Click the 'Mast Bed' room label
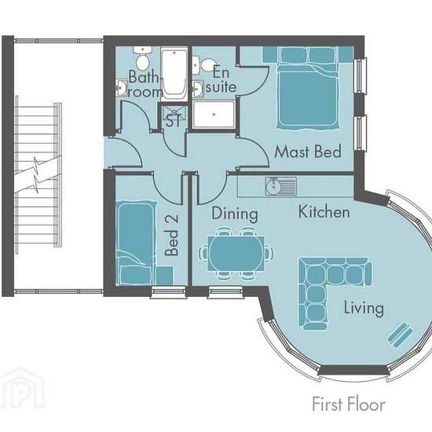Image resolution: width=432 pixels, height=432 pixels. (308, 152)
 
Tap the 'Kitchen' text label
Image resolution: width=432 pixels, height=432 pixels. (324, 211)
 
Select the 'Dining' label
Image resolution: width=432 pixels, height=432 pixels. (235, 214)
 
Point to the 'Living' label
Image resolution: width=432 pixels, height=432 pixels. (364, 307)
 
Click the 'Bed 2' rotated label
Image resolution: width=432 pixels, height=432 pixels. (172, 236)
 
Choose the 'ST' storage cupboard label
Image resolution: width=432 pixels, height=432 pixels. (174, 120)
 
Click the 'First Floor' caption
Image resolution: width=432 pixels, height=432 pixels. (349, 405)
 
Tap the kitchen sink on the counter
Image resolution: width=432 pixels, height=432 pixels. (280, 186)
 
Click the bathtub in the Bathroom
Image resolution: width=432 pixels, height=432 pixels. (174, 74)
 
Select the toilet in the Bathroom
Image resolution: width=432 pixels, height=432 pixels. (142, 58)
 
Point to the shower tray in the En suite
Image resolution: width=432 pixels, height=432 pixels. (214, 115)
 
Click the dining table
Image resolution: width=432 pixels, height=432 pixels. (236, 254)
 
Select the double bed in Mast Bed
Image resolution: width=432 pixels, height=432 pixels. (308, 88)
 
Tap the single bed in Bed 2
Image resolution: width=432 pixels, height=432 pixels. (135, 243)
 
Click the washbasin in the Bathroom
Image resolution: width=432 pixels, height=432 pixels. (121, 88)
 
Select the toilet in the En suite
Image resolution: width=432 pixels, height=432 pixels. (204, 65)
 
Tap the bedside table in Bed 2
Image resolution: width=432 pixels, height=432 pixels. (165, 275)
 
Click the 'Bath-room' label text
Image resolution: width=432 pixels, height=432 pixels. (145, 84)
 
